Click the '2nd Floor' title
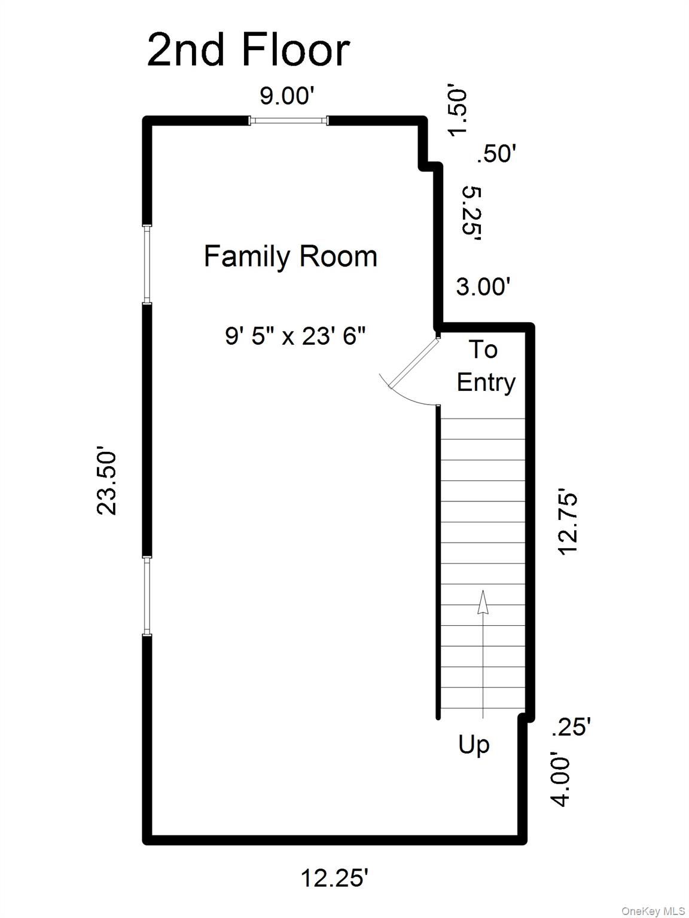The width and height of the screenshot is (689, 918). [248, 50]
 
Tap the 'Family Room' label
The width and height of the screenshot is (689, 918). [290, 256]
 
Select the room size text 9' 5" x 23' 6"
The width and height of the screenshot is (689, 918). [295, 336]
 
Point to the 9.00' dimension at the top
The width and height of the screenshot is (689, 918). [287, 96]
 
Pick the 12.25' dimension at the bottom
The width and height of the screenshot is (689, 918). [334, 879]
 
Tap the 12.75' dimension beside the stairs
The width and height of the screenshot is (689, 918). [568, 524]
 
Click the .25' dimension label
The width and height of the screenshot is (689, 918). [571, 727]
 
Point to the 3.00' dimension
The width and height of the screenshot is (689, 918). [483, 287]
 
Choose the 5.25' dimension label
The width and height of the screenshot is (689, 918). [472, 213]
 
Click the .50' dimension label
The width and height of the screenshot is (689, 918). [496, 154]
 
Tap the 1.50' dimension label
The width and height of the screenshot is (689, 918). [457, 112]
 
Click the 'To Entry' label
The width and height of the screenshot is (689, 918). [485, 366]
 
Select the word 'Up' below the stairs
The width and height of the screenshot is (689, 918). [474, 745]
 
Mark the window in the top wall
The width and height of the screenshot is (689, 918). [288, 121]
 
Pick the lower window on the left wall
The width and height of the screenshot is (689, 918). [147, 595]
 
